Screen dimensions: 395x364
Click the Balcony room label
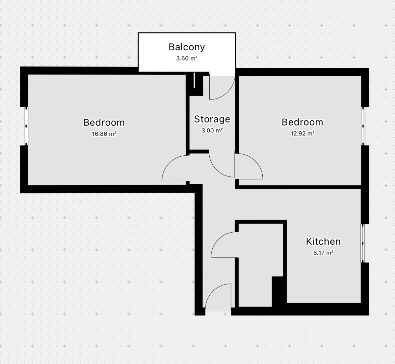coord(187,47)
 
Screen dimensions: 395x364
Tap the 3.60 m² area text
coord(187,58)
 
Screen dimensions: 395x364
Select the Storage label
coord(212,119)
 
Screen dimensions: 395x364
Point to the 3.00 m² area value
coord(212,130)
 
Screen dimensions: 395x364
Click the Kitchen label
coord(323,241)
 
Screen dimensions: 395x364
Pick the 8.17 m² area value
coord(323,253)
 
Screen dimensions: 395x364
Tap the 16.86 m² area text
coord(104,134)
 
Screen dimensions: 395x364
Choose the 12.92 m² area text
coord(302,133)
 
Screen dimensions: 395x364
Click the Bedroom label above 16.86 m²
coord(104,123)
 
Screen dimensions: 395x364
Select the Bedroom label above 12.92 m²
coord(302,122)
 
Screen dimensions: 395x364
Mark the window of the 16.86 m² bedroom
coord(26,126)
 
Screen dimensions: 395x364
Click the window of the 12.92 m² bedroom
coord(363,126)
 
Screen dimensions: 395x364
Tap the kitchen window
coord(363,243)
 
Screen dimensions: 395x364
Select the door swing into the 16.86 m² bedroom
coord(169,162)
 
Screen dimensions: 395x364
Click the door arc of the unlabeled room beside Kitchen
coord(218,239)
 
